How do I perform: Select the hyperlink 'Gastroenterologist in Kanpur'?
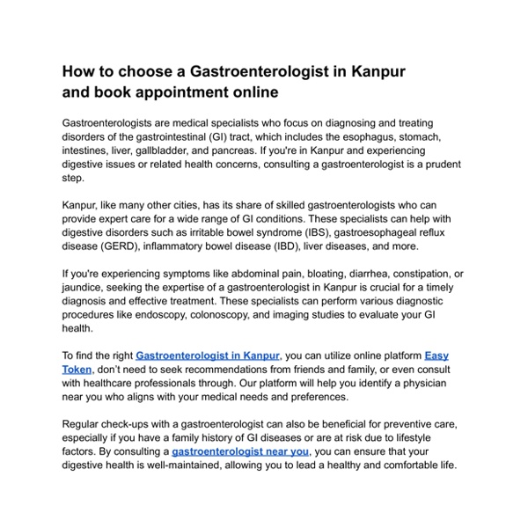(x=208, y=356)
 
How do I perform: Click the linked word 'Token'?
(x=77, y=370)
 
